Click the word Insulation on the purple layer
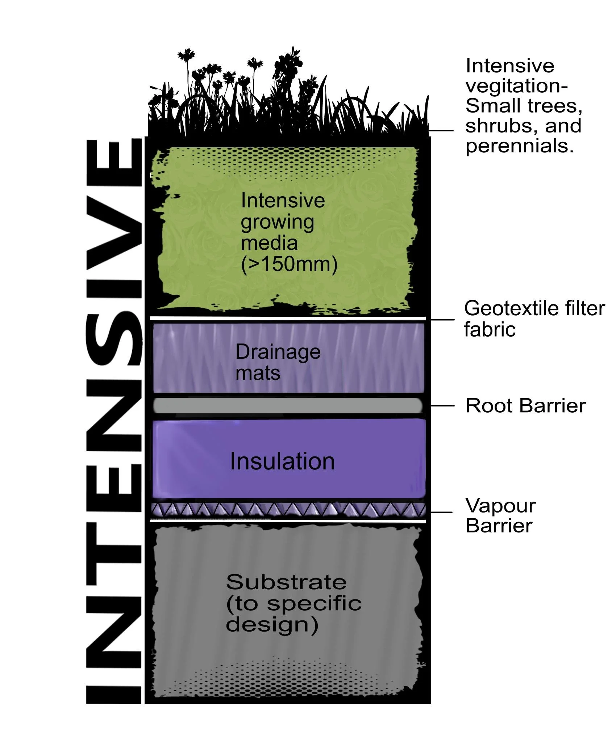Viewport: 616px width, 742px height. (x=282, y=461)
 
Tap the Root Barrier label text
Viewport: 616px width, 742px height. (x=525, y=406)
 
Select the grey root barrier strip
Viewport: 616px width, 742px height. (x=288, y=406)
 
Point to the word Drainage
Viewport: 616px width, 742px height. (x=278, y=352)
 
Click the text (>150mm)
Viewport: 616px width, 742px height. (x=289, y=264)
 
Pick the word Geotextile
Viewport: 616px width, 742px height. (x=507, y=309)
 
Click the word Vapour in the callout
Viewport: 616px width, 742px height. (x=500, y=506)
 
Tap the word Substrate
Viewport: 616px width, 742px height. (x=286, y=582)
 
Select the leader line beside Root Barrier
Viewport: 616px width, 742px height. (x=442, y=406)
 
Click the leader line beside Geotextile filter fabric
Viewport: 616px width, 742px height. (x=442, y=320)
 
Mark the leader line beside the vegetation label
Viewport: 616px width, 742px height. (x=441, y=131)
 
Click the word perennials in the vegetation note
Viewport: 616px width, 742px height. (x=520, y=147)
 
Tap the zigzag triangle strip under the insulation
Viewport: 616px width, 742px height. (x=288, y=510)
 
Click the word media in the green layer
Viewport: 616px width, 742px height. (x=269, y=243)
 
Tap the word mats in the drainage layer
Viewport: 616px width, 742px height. (x=258, y=373)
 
